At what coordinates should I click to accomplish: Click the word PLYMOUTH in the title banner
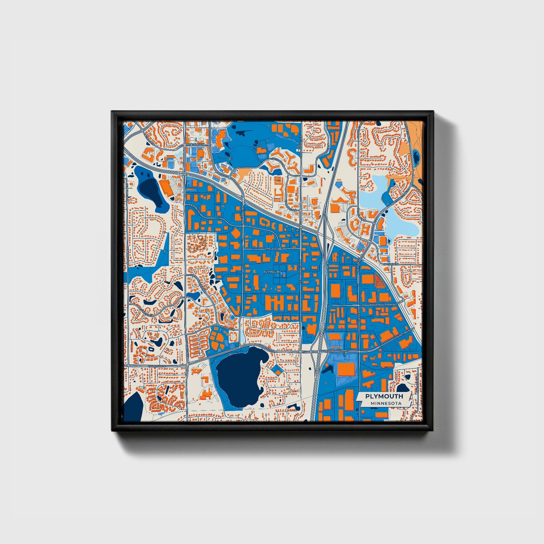[384, 396]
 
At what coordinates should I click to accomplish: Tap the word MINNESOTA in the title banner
[386, 403]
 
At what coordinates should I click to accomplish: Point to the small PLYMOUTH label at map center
[272, 271]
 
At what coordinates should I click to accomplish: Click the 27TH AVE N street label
[273, 249]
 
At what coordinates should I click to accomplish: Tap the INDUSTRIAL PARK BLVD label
[383, 304]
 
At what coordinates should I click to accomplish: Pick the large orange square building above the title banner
[346, 369]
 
